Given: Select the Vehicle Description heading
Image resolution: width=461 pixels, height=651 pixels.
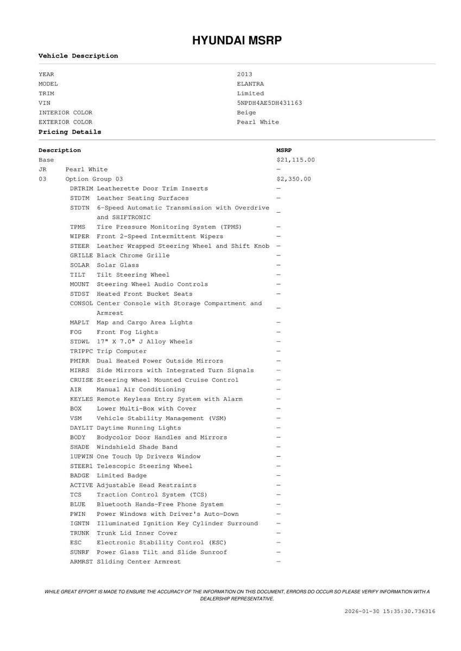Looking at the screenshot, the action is coord(78,56).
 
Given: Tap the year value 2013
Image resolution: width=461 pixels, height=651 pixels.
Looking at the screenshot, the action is coord(244,74).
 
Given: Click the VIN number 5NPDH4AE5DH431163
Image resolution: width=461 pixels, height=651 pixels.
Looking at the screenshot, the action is coord(269,103).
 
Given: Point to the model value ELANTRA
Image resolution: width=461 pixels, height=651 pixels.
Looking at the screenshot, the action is coord(250,84).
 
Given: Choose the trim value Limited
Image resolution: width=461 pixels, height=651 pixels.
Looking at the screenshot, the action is coord(250,93).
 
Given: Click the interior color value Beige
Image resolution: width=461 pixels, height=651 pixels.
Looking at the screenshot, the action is coord(247,113).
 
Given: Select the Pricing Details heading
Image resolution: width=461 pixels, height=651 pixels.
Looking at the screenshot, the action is coord(70,132).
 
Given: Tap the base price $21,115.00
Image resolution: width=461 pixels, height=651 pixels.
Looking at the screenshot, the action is coord(295,160).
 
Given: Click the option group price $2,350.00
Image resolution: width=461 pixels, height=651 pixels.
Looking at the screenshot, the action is coord(293,179).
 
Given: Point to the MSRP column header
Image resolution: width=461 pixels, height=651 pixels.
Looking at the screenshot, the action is coord(283,150).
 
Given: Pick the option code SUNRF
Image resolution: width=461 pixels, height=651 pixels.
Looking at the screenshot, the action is coord(80,552).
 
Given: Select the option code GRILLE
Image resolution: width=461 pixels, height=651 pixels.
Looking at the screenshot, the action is coord(81,256).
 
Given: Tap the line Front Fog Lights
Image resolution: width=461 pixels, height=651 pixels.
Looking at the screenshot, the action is coord(127,332).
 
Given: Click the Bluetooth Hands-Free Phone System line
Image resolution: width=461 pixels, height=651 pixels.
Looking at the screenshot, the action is coord(160,505).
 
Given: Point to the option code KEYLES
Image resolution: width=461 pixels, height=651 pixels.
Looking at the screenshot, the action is coord(81,399).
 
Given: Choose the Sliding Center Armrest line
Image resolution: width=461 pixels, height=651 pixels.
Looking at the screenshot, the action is coord(138,562).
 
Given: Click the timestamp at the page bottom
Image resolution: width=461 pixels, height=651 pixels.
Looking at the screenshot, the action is coord(390,611).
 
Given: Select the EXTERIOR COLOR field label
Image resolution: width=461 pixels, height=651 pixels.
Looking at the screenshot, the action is coord(65,122).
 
